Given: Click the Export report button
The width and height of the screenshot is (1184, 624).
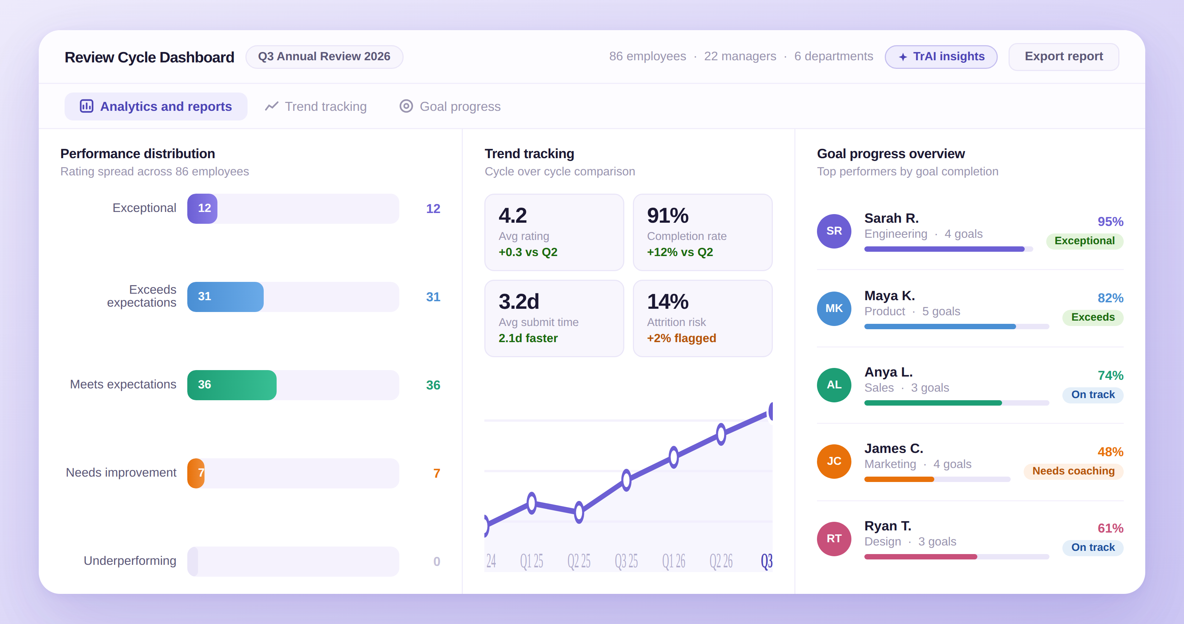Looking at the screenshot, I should point(1063,57).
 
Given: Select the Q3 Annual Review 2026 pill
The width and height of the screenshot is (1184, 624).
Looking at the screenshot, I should point(324,57).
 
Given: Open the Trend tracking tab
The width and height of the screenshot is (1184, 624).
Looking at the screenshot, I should point(316,106).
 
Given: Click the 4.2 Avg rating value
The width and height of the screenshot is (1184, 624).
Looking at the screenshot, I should point(512,216).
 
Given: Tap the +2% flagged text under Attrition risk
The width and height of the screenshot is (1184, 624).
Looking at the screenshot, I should point(681,338).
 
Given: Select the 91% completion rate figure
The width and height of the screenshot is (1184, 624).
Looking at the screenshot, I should point(667,216).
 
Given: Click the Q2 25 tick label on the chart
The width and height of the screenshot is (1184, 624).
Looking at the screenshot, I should point(579,561).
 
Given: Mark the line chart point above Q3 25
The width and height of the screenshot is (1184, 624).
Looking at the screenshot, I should point(626,480).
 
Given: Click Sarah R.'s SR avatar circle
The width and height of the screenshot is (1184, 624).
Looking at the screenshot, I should point(834,231).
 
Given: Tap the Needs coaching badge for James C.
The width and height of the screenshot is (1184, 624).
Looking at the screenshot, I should point(1073,471).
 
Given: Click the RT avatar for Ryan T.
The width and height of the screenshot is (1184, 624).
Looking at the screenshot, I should point(834,539).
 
